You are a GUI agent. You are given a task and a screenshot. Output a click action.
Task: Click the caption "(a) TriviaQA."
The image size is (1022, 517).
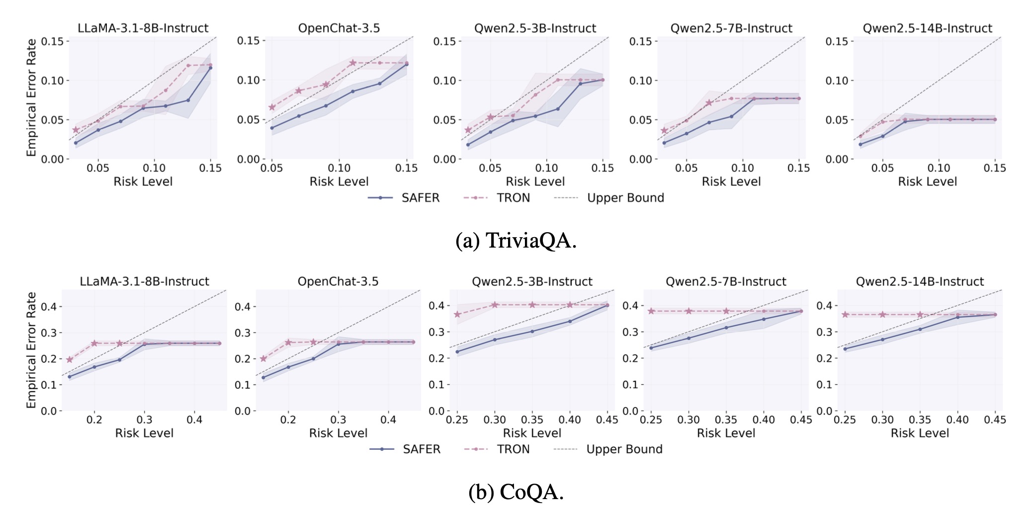point(515,241)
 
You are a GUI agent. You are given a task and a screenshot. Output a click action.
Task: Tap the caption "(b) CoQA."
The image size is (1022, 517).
point(515,492)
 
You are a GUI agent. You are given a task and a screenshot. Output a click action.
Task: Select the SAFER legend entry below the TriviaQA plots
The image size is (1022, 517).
point(404,198)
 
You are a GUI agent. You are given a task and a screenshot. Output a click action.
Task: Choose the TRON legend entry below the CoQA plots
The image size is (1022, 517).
point(497,449)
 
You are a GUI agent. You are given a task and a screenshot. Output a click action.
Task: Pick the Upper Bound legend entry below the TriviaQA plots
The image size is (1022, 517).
point(609,198)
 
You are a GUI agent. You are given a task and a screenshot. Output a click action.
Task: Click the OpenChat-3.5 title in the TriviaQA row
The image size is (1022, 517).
point(339,28)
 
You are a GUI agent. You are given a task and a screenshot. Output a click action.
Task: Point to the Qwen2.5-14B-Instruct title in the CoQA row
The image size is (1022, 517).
point(920,282)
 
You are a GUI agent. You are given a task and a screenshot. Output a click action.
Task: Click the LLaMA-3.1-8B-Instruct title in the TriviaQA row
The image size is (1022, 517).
point(143,28)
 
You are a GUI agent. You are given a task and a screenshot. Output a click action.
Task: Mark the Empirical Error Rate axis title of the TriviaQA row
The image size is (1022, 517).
point(32,97)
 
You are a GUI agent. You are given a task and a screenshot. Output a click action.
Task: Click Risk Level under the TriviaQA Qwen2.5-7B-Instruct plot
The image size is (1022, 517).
point(731,182)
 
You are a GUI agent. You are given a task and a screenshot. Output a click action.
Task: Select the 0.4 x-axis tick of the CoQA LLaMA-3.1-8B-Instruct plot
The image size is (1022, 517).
point(194,420)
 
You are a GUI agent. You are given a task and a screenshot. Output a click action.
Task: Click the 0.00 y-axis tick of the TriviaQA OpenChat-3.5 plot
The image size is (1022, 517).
point(249,160)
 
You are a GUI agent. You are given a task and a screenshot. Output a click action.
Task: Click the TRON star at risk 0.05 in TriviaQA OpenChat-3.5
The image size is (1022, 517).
point(272,107)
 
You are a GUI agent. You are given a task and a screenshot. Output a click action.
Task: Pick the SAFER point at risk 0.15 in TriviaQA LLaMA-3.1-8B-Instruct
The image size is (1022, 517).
point(210,68)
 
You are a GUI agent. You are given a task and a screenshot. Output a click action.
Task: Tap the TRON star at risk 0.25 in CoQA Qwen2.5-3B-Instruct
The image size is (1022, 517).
point(457,315)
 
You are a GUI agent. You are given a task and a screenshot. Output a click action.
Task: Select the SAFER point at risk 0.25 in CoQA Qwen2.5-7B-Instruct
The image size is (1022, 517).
point(651,348)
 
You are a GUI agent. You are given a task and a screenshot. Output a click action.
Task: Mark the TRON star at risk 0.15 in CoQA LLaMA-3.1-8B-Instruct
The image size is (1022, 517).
point(70,359)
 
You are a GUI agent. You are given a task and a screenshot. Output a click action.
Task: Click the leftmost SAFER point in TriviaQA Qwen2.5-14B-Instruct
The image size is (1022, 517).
point(860,145)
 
